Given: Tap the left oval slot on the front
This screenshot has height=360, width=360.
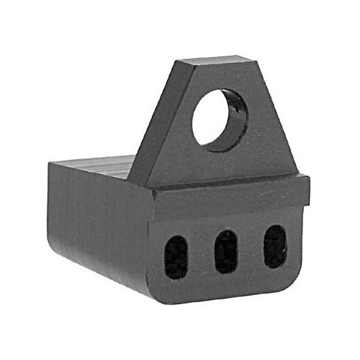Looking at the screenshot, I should pyautogui.click(x=176, y=256).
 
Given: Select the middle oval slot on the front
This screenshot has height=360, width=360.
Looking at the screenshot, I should pyautogui.click(x=226, y=251).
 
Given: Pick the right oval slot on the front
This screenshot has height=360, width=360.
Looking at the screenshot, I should pyautogui.click(x=275, y=246).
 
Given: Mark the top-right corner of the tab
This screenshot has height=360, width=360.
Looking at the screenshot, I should pyautogui.click(x=253, y=58).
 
